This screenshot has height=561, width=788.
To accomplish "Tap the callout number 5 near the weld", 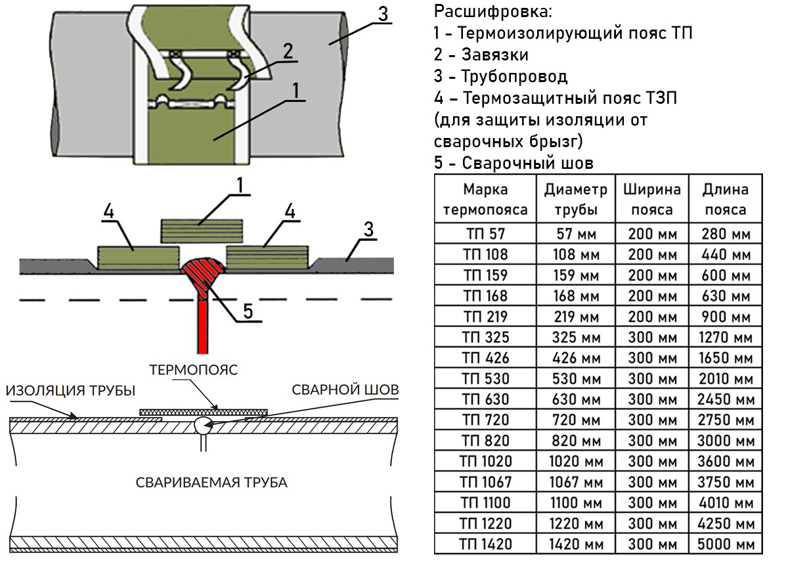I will [248, 311].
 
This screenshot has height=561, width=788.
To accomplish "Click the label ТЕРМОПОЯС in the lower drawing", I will [193, 370].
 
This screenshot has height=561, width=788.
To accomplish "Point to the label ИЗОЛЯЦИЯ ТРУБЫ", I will [71, 391].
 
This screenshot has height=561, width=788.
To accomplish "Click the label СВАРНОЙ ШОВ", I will [345, 390].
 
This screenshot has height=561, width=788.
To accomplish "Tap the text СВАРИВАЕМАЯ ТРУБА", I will [211, 483].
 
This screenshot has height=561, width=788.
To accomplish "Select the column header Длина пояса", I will [725, 200].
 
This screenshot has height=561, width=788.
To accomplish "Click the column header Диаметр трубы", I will [575, 200].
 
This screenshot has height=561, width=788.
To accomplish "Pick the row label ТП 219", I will [485, 317].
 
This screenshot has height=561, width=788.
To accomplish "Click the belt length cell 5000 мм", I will [725, 544].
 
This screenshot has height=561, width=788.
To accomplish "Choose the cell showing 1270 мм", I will [725, 338].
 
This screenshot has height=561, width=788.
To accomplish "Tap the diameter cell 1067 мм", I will [575, 482].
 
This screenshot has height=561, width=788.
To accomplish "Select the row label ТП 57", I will [485, 234].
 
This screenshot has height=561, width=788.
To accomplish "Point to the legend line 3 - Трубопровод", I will [500, 76].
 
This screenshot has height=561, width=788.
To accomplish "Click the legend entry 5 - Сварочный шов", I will [514, 163].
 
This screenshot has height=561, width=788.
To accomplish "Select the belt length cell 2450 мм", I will [725, 399].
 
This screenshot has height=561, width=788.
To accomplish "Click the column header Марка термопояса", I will [485, 200].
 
